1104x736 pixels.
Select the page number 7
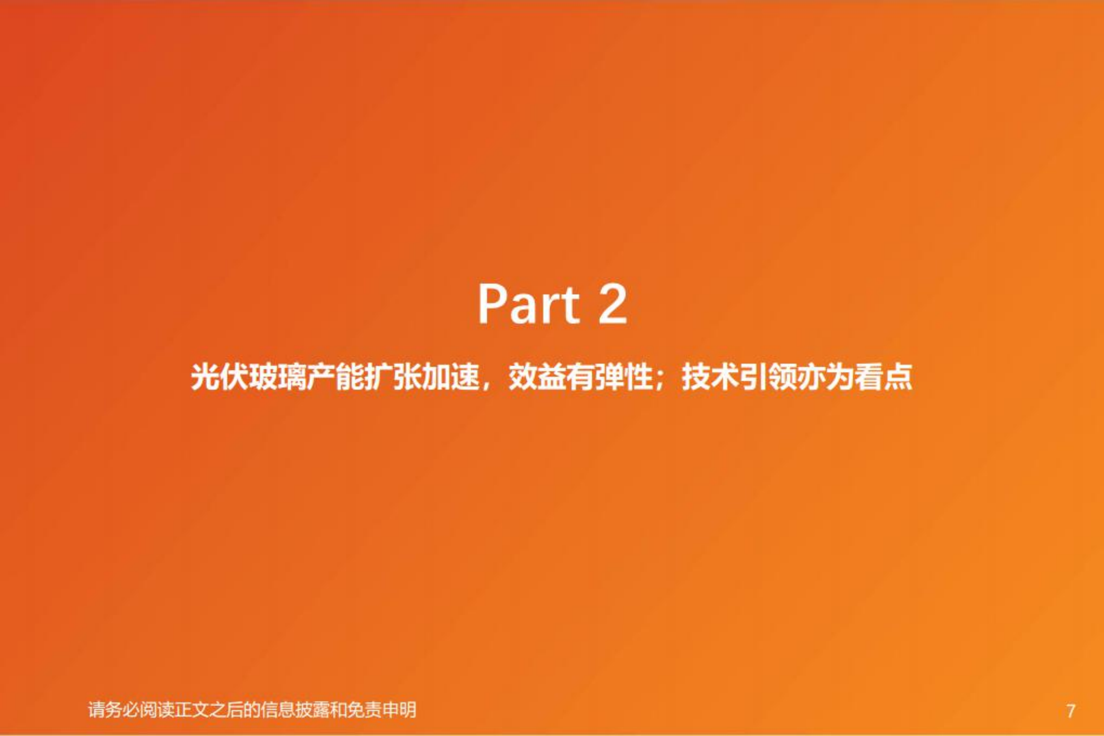tap(1071, 711)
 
